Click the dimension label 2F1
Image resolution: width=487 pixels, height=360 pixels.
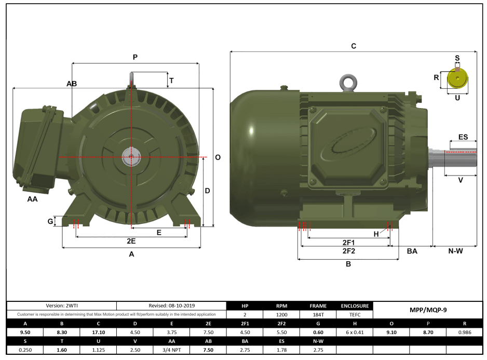coord(348,243)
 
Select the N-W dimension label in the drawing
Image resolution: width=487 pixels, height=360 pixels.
coord(455,251)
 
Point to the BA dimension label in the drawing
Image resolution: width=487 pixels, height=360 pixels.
coord(412,251)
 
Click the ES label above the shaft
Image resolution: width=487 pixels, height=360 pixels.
coord(463,137)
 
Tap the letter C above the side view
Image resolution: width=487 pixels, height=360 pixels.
coord(354,46)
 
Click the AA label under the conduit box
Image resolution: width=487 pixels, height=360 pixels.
coord(32,199)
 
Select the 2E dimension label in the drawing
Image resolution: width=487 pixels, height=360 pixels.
coord(131,242)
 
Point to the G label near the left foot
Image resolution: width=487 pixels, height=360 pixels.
coord(50,222)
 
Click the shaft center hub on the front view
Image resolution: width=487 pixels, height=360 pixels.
coord(131,156)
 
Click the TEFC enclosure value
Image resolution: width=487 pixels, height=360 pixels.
coord(355,315)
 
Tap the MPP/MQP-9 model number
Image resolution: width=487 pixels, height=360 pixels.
coord(428,310)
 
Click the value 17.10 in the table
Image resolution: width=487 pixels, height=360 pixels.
coord(98,332)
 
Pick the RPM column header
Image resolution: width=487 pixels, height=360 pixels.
coord(281,306)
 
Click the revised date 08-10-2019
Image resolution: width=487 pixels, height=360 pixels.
coord(171,306)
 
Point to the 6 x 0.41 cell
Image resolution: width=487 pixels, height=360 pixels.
coord(355,332)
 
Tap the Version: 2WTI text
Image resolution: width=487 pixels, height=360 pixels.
coord(61,306)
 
